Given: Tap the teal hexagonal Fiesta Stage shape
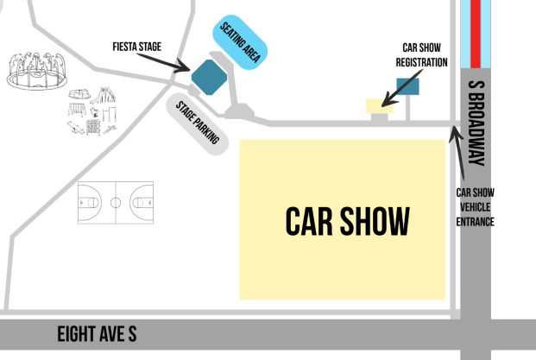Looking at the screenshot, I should coord(207,77).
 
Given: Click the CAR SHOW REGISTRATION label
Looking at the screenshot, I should coord(422,55).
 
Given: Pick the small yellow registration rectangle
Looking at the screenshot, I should coord(378,105).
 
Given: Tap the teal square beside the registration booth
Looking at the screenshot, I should coord(407,85).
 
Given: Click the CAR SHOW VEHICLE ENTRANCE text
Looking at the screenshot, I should coord(476,207).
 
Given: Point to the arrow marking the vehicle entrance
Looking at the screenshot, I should coord(457,151).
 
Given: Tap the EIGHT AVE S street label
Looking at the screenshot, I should coord(96,334).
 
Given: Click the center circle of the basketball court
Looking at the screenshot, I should coord(115,203).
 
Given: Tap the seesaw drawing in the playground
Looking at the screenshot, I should coord(81,127).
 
